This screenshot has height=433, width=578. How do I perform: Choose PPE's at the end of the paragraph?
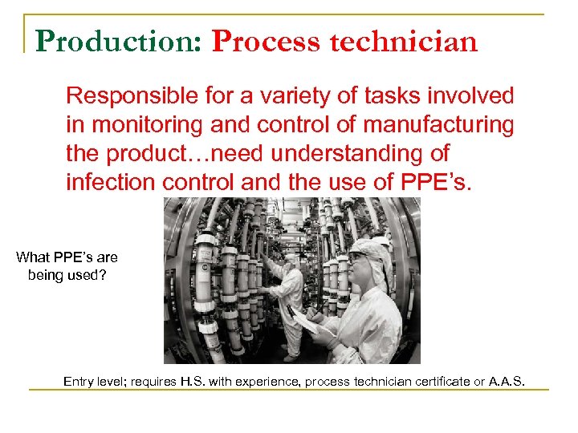(437, 181)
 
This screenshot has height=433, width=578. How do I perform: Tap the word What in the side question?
(33, 257)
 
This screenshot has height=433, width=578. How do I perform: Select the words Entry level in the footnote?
(92, 381)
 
